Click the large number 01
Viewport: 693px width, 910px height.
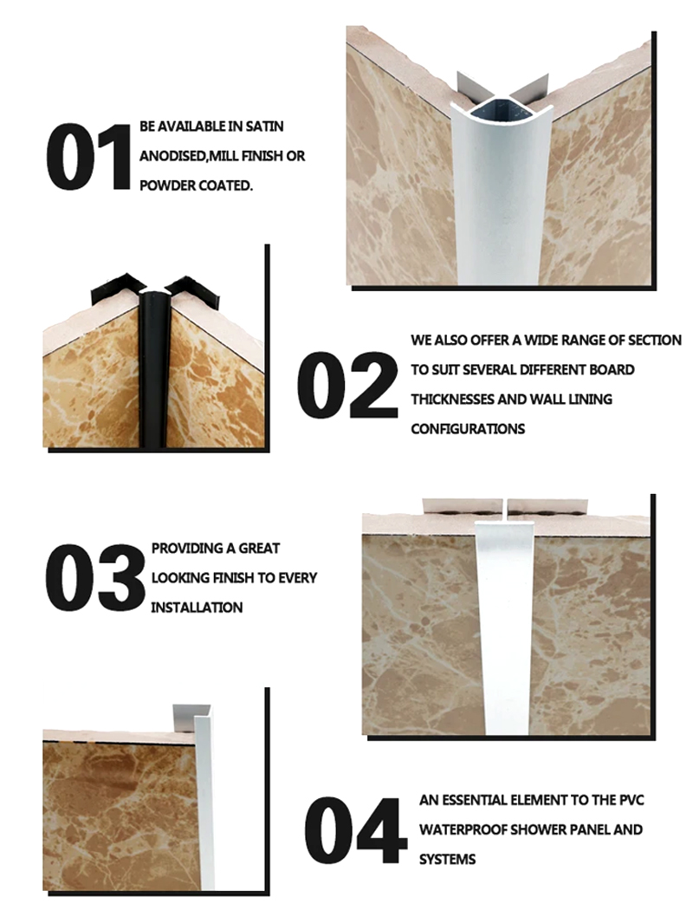click(x=88, y=156)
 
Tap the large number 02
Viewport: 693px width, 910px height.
click(x=347, y=385)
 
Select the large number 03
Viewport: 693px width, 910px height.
click(x=95, y=577)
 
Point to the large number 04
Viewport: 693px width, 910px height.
click(x=355, y=830)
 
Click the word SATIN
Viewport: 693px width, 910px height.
click(x=264, y=127)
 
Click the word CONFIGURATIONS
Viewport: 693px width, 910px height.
click(x=468, y=429)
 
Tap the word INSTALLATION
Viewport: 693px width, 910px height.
click(x=197, y=608)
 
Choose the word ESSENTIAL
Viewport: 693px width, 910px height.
click(x=475, y=800)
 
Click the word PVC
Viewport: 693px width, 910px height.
click(x=631, y=800)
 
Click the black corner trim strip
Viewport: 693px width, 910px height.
click(x=153, y=372)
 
